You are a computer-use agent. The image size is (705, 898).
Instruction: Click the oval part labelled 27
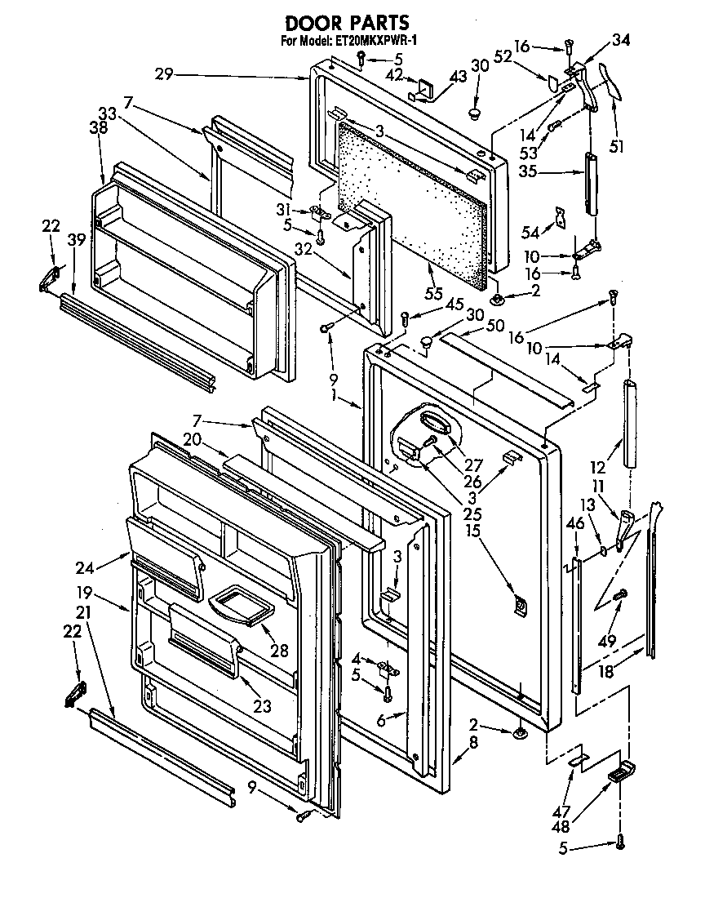(433, 420)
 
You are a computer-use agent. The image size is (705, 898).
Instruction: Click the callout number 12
(599, 468)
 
